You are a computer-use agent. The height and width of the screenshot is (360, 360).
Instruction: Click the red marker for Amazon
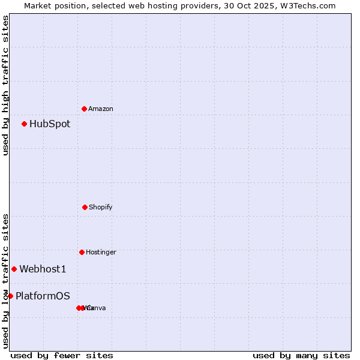pos(84,109)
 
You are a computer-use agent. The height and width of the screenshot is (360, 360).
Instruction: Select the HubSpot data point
pos(24,124)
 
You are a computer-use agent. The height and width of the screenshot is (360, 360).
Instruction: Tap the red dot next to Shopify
pos(85,207)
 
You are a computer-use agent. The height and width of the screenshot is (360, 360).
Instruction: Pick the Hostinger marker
pos(82,252)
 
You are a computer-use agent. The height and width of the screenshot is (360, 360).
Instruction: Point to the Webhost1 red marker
pos(14,269)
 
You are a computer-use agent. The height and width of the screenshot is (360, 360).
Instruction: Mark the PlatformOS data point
pos(10,296)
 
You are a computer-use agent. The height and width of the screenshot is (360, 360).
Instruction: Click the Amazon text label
pos(101,109)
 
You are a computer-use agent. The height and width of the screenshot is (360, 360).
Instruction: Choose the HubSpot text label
pos(50,124)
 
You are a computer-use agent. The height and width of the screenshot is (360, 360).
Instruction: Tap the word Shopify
pos(101,207)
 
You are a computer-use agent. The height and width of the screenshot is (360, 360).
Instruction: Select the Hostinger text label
pos(101,252)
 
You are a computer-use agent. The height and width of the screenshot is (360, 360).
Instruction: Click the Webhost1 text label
pos(43,269)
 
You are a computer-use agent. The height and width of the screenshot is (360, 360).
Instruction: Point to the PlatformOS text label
pos(43,296)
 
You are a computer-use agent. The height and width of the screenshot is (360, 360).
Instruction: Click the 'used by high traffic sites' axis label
pos(5,85)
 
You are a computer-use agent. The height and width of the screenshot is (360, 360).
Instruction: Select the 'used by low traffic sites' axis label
pos(5,280)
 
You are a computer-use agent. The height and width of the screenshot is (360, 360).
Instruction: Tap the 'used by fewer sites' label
pos(62,355)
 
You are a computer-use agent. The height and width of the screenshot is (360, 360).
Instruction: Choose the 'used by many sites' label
pos(301,355)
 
